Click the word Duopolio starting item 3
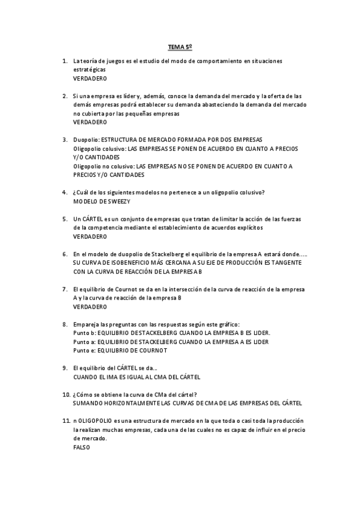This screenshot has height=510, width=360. (86, 140)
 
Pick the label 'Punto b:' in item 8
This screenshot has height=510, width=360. (84, 333)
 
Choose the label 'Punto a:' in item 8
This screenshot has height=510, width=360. (84, 342)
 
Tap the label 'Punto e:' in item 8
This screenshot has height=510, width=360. (84, 351)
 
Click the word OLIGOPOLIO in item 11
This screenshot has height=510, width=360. (95, 421)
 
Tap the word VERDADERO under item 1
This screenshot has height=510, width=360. (90, 78)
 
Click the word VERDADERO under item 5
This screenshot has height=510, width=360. (90, 236)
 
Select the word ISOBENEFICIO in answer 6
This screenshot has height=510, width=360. (128, 263)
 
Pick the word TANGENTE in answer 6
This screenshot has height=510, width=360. (293, 263)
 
